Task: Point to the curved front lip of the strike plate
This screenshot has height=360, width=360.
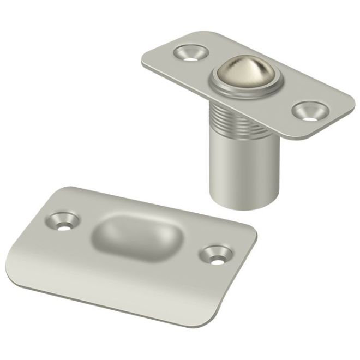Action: point(109,305)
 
